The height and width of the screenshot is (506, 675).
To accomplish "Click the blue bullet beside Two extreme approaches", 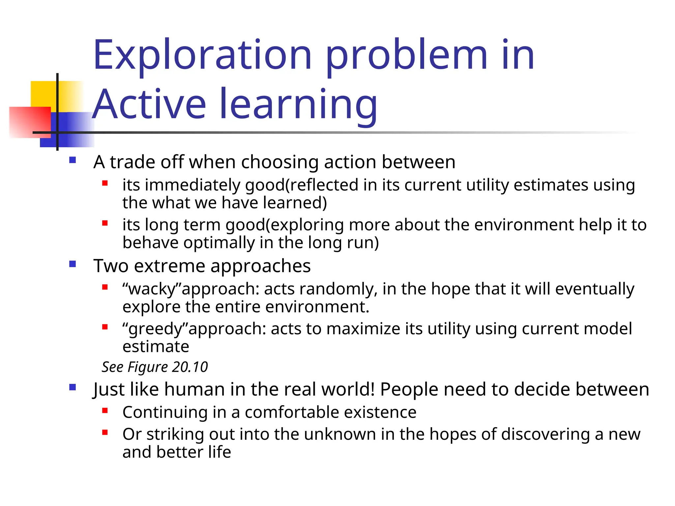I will click(x=73, y=264).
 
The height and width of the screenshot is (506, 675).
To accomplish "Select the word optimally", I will click(x=219, y=243).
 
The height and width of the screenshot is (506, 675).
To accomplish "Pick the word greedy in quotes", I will click(x=155, y=329).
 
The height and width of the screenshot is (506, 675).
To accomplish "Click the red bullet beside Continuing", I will click(x=105, y=410).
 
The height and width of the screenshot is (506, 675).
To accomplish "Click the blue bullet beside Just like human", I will click(x=73, y=387).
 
